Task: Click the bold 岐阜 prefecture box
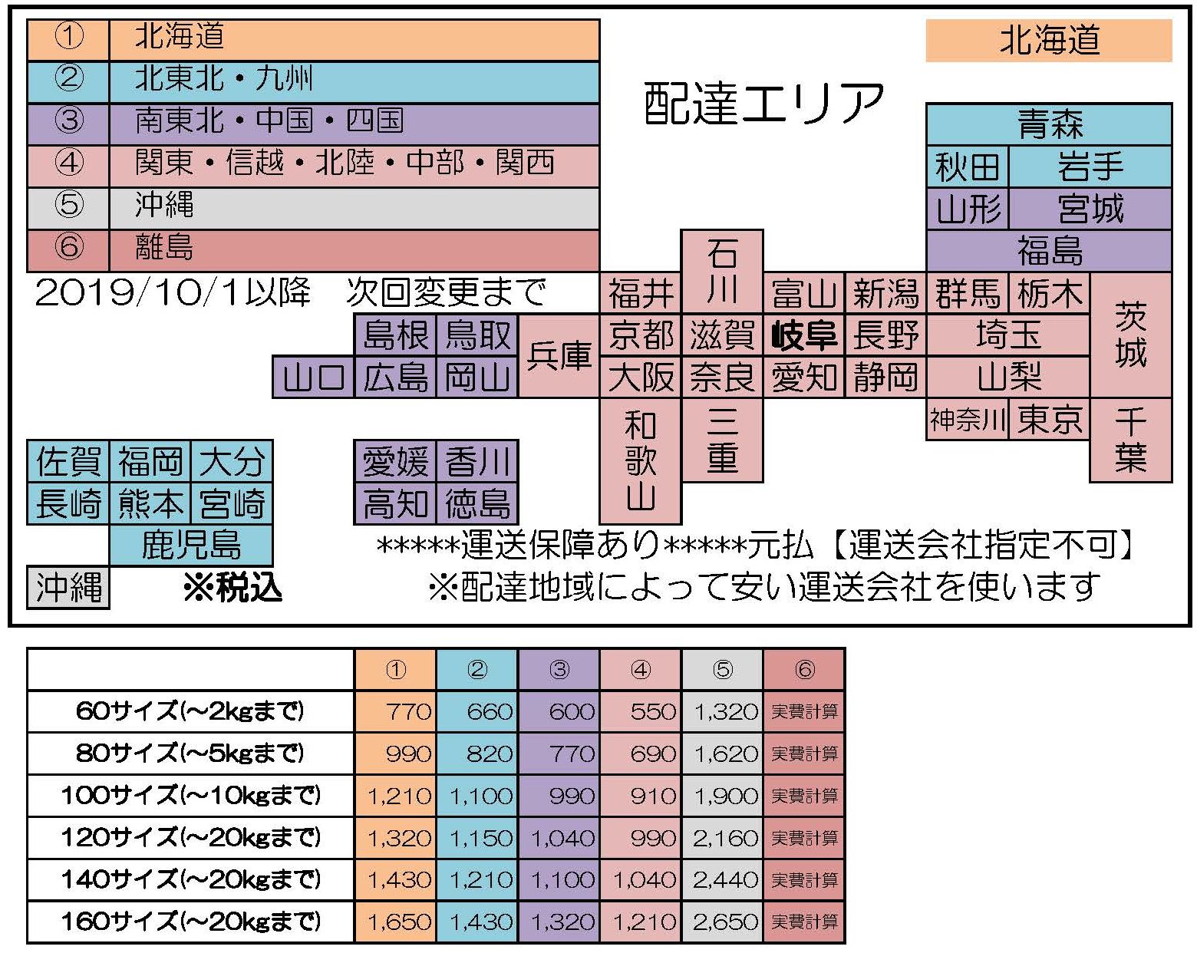pyautogui.click(x=803, y=335)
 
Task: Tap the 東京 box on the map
pyautogui.click(x=1049, y=420)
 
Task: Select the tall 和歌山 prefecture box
pyautogui.click(x=640, y=461)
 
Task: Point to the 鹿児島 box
pyautogui.click(x=191, y=546)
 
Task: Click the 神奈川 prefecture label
pyautogui.click(x=968, y=420)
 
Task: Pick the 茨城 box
pyautogui.click(x=1131, y=335)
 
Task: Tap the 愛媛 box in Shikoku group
pyautogui.click(x=395, y=461)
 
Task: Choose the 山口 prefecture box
pyautogui.click(x=313, y=378)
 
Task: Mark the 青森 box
pyautogui.click(x=1049, y=124)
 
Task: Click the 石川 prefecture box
pyautogui.click(x=722, y=272)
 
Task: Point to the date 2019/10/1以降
pyautogui.click(x=173, y=292)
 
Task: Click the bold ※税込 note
pyautogui.click(x=233, y=588)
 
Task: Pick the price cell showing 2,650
pyautogui.click(x=723, y=922)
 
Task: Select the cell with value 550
pyautogui.click(x=640, y=711)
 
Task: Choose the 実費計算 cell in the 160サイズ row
pyautogui.click(x=804, y=922)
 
